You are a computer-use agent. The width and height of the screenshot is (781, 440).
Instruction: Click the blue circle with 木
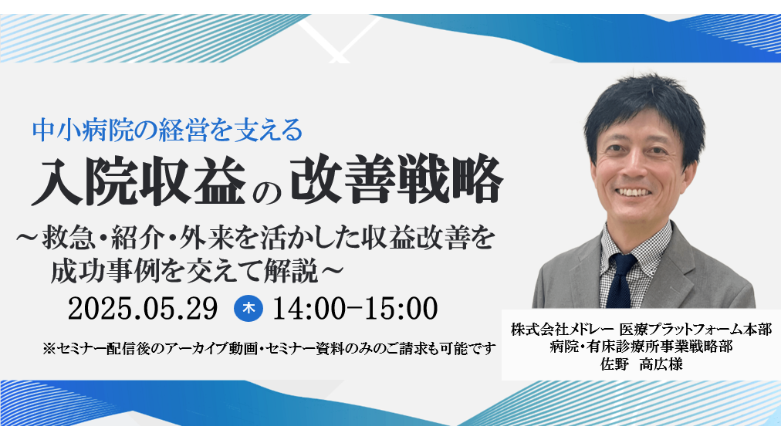point(248,309)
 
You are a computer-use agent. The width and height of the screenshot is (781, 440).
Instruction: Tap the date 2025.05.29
point(143,309)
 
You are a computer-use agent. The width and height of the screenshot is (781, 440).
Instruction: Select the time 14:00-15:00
point(355,309)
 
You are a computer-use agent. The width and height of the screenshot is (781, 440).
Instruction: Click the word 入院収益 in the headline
point(139,181)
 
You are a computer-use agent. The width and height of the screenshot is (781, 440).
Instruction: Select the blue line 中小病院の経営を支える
point(167,130)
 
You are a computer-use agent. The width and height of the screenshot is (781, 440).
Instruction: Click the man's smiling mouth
point(633,192)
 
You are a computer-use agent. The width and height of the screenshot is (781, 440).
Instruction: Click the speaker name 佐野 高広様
point(641,364)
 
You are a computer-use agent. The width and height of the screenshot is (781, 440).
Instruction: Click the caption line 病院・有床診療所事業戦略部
point(641,347)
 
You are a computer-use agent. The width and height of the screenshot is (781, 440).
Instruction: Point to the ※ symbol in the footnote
point(50,348)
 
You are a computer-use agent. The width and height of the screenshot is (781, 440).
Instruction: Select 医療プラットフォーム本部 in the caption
point(695,330)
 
